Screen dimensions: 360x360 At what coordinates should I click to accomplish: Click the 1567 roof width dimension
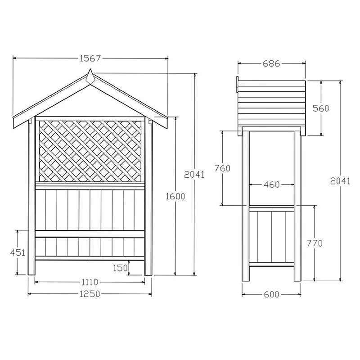90,58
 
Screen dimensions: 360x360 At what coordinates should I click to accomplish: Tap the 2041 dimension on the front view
194,174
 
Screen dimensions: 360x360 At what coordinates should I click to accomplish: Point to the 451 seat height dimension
18,252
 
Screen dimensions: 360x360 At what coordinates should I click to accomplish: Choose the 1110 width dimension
90,282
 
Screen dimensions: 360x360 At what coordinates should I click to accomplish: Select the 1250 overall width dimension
90,294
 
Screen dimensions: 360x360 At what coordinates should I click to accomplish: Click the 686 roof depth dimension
271,64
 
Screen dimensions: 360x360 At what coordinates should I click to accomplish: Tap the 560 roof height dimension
321,108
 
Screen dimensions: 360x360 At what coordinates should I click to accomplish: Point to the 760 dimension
223,168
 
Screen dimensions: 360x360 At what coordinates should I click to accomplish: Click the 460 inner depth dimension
271,184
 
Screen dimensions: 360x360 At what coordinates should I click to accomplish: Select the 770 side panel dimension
315,243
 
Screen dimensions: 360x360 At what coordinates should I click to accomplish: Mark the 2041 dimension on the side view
340,181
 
